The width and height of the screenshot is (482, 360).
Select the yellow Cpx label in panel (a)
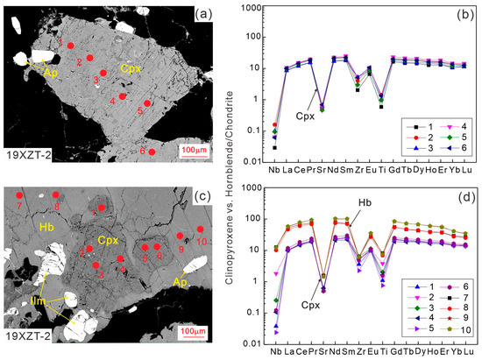[130, 67]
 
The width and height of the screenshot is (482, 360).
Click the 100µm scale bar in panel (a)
[194, 152]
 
